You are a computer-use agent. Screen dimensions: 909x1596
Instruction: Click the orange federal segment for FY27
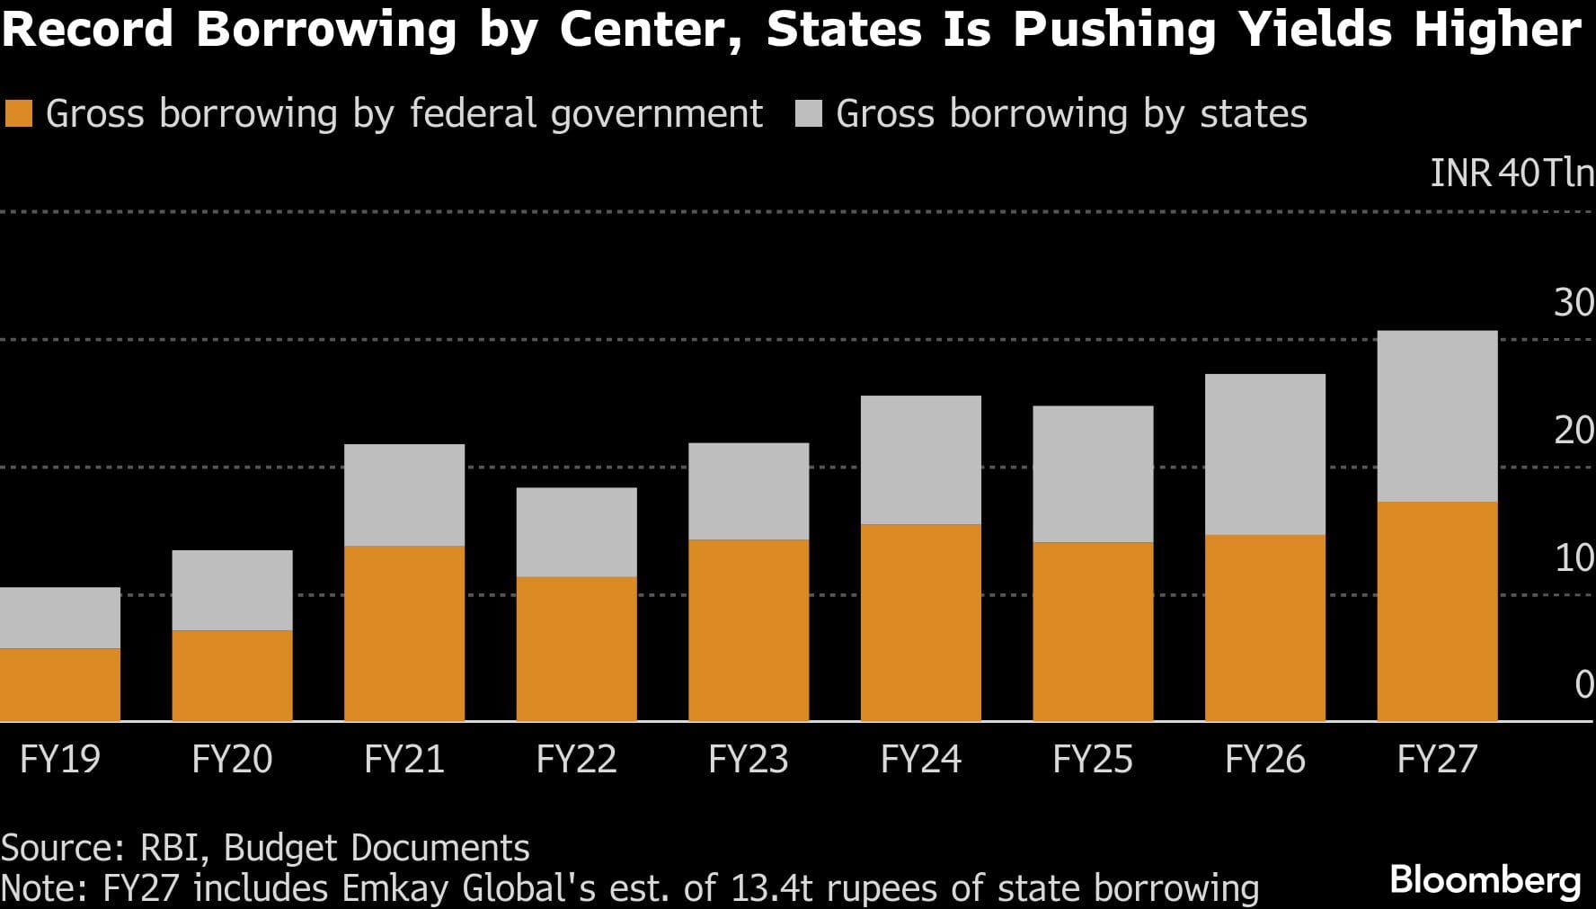[x=1437, y=611]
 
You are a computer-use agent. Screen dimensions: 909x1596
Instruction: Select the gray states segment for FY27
[x=1437, y=416]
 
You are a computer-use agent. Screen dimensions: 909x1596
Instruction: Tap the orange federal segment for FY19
[x=60, y=684]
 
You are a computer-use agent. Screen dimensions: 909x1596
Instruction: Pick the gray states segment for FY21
[x=404, y=495]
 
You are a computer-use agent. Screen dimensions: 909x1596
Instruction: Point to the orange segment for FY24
[x=920, y=622]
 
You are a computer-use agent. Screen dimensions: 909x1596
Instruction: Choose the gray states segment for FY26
[x=1264, y=454]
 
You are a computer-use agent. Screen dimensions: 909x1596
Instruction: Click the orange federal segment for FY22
[x=576, y=648]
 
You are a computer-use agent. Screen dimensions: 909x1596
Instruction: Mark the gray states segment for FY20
[x=232, y=590]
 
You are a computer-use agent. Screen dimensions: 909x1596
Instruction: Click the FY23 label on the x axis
[x=748, y=760]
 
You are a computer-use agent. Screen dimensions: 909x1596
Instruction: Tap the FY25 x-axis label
[x=1092, y=760]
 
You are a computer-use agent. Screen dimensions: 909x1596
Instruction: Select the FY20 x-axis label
[x=232, y=760]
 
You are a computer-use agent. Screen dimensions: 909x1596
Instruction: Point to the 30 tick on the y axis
[x=1574, y=304]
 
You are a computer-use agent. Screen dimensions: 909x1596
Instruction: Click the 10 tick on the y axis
[x=1574, y=558]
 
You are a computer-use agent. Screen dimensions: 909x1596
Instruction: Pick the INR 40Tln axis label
[x=1511, y=173]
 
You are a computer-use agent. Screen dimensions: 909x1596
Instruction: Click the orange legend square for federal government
[x=19, y=114]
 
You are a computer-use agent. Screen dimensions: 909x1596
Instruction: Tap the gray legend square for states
[x=809, y=114]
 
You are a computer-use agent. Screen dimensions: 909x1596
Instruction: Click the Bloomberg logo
[x=1485, y=879]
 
